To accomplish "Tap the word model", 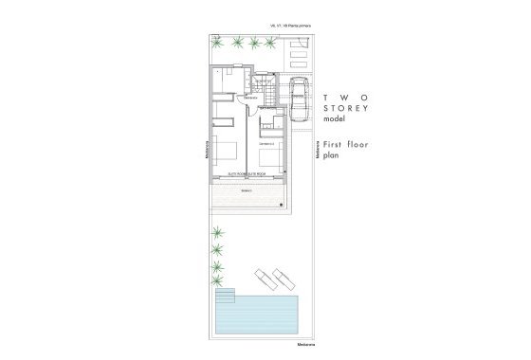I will [335, 120].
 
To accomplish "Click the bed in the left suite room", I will [228, 152].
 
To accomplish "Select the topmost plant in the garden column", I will [218, 232].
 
